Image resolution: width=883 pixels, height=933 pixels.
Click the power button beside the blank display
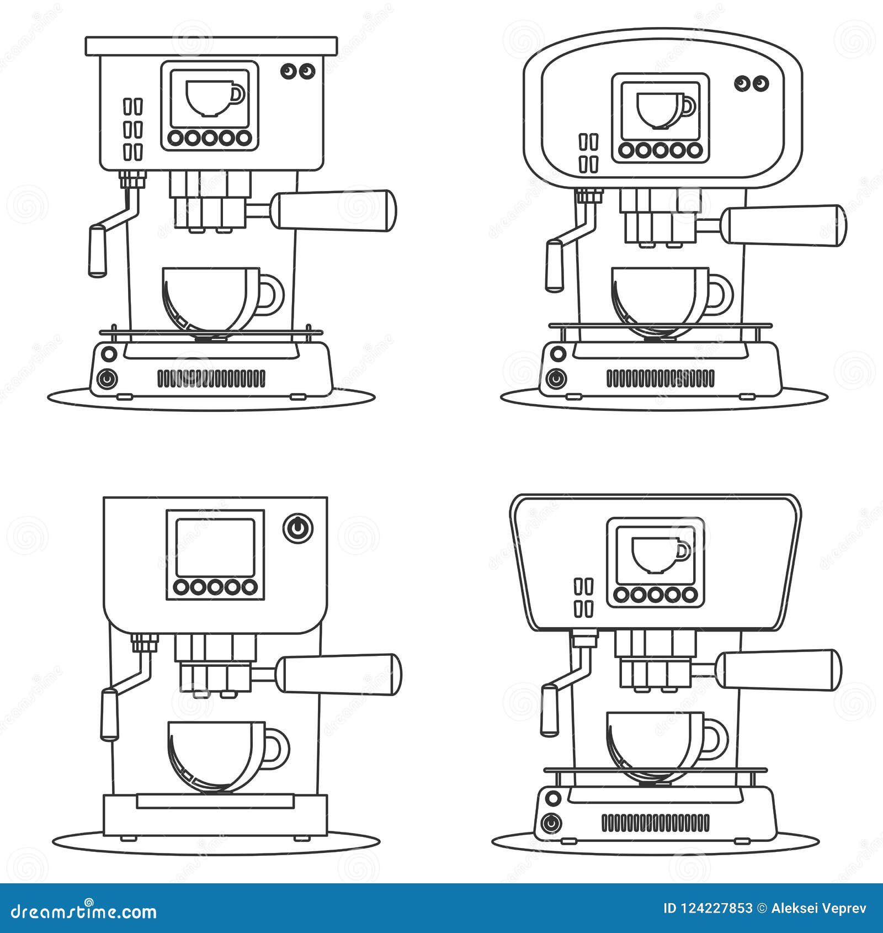click(x=298, y=528)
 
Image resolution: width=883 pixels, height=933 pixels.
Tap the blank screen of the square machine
click(x=215, y=548)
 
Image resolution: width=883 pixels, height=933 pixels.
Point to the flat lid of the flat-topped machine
click(x=211, y=46)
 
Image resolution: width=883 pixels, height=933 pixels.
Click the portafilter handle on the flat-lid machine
click(x=336, y=210)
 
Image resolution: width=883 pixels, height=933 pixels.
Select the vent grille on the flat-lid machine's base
click(x=211, y=379)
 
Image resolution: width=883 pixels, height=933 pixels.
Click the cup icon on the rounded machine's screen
click(x=665, y=111)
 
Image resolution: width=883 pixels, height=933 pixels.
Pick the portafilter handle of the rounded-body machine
click(x=785, y=225)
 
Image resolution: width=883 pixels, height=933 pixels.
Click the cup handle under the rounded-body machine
click(x=722, y=293)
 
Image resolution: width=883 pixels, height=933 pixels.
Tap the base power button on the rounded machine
click(x=556, y=379)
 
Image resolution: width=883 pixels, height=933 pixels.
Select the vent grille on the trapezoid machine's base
click(x=655, y=823)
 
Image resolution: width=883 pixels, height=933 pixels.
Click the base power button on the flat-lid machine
click(x=107, y=379)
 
